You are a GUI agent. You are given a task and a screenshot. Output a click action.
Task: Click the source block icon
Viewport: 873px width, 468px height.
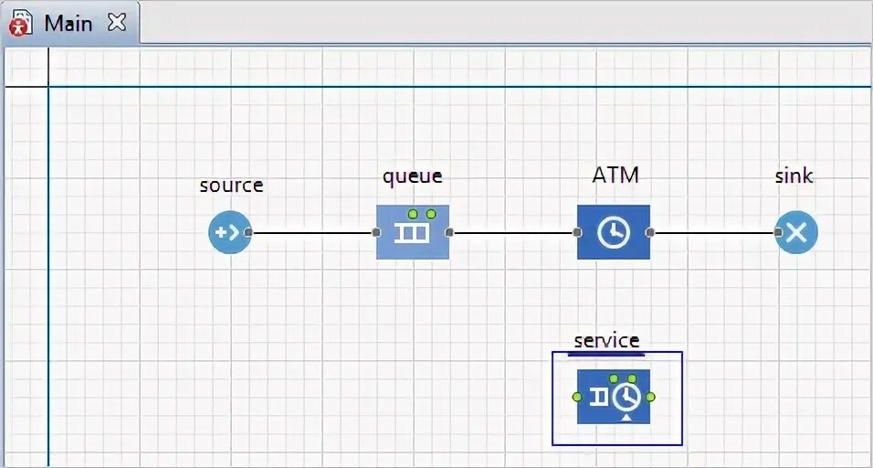[x=228, y=232]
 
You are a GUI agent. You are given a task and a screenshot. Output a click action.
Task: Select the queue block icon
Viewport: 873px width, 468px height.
[x=413, y=232]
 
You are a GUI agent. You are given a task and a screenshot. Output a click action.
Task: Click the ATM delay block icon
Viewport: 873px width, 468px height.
[x=614, y=232]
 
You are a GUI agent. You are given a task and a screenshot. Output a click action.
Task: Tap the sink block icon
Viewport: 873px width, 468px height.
[x=796, y=232]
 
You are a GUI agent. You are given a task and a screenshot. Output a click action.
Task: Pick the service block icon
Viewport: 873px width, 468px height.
[x=614, y=397]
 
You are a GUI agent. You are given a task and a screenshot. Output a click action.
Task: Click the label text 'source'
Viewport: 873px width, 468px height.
[x=231, y=185]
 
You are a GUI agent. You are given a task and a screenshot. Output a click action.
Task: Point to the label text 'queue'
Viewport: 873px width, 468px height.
[x=413, y=175]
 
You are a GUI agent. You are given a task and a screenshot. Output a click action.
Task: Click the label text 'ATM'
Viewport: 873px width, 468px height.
[x=615, y=175]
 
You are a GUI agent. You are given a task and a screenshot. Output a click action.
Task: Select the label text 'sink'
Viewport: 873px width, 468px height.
[x=794, y=175]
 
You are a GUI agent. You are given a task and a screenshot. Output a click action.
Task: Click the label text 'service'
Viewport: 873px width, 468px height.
[x=606, y=340]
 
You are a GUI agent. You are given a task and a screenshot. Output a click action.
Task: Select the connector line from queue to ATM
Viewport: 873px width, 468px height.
[x=513, y=232]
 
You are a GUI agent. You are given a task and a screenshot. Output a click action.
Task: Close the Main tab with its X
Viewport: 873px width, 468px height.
[x=117, y=23]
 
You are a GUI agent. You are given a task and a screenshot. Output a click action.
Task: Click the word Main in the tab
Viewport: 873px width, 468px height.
[x=68, y=23]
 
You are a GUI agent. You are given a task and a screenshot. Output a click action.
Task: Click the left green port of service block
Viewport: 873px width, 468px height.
[x=576, y=397]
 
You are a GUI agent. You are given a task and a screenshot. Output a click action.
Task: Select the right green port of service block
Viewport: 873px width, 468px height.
[x=650, y=397]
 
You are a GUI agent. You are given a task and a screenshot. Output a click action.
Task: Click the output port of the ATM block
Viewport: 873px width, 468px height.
[x=650, y=232]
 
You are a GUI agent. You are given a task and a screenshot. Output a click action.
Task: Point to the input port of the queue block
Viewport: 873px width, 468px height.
[x=376, y=232]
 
